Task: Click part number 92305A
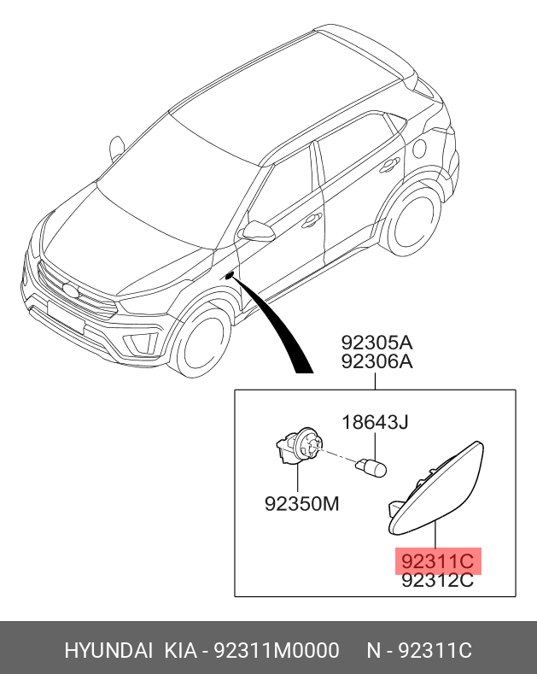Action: pos(376,343)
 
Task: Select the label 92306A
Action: pos(376,362)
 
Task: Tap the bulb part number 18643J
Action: pos(376,422)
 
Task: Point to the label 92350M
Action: pos(302,504)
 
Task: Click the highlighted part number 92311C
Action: pos(437,561)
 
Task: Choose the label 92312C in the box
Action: pos(437,581)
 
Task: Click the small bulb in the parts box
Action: pos(373,467)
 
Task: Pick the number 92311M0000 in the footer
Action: pos(276,651)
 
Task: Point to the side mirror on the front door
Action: pos(257,231)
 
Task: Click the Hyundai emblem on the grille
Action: pos(67,290)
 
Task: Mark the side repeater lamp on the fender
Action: pos(229,275)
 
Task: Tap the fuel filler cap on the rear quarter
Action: pos(419,147)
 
